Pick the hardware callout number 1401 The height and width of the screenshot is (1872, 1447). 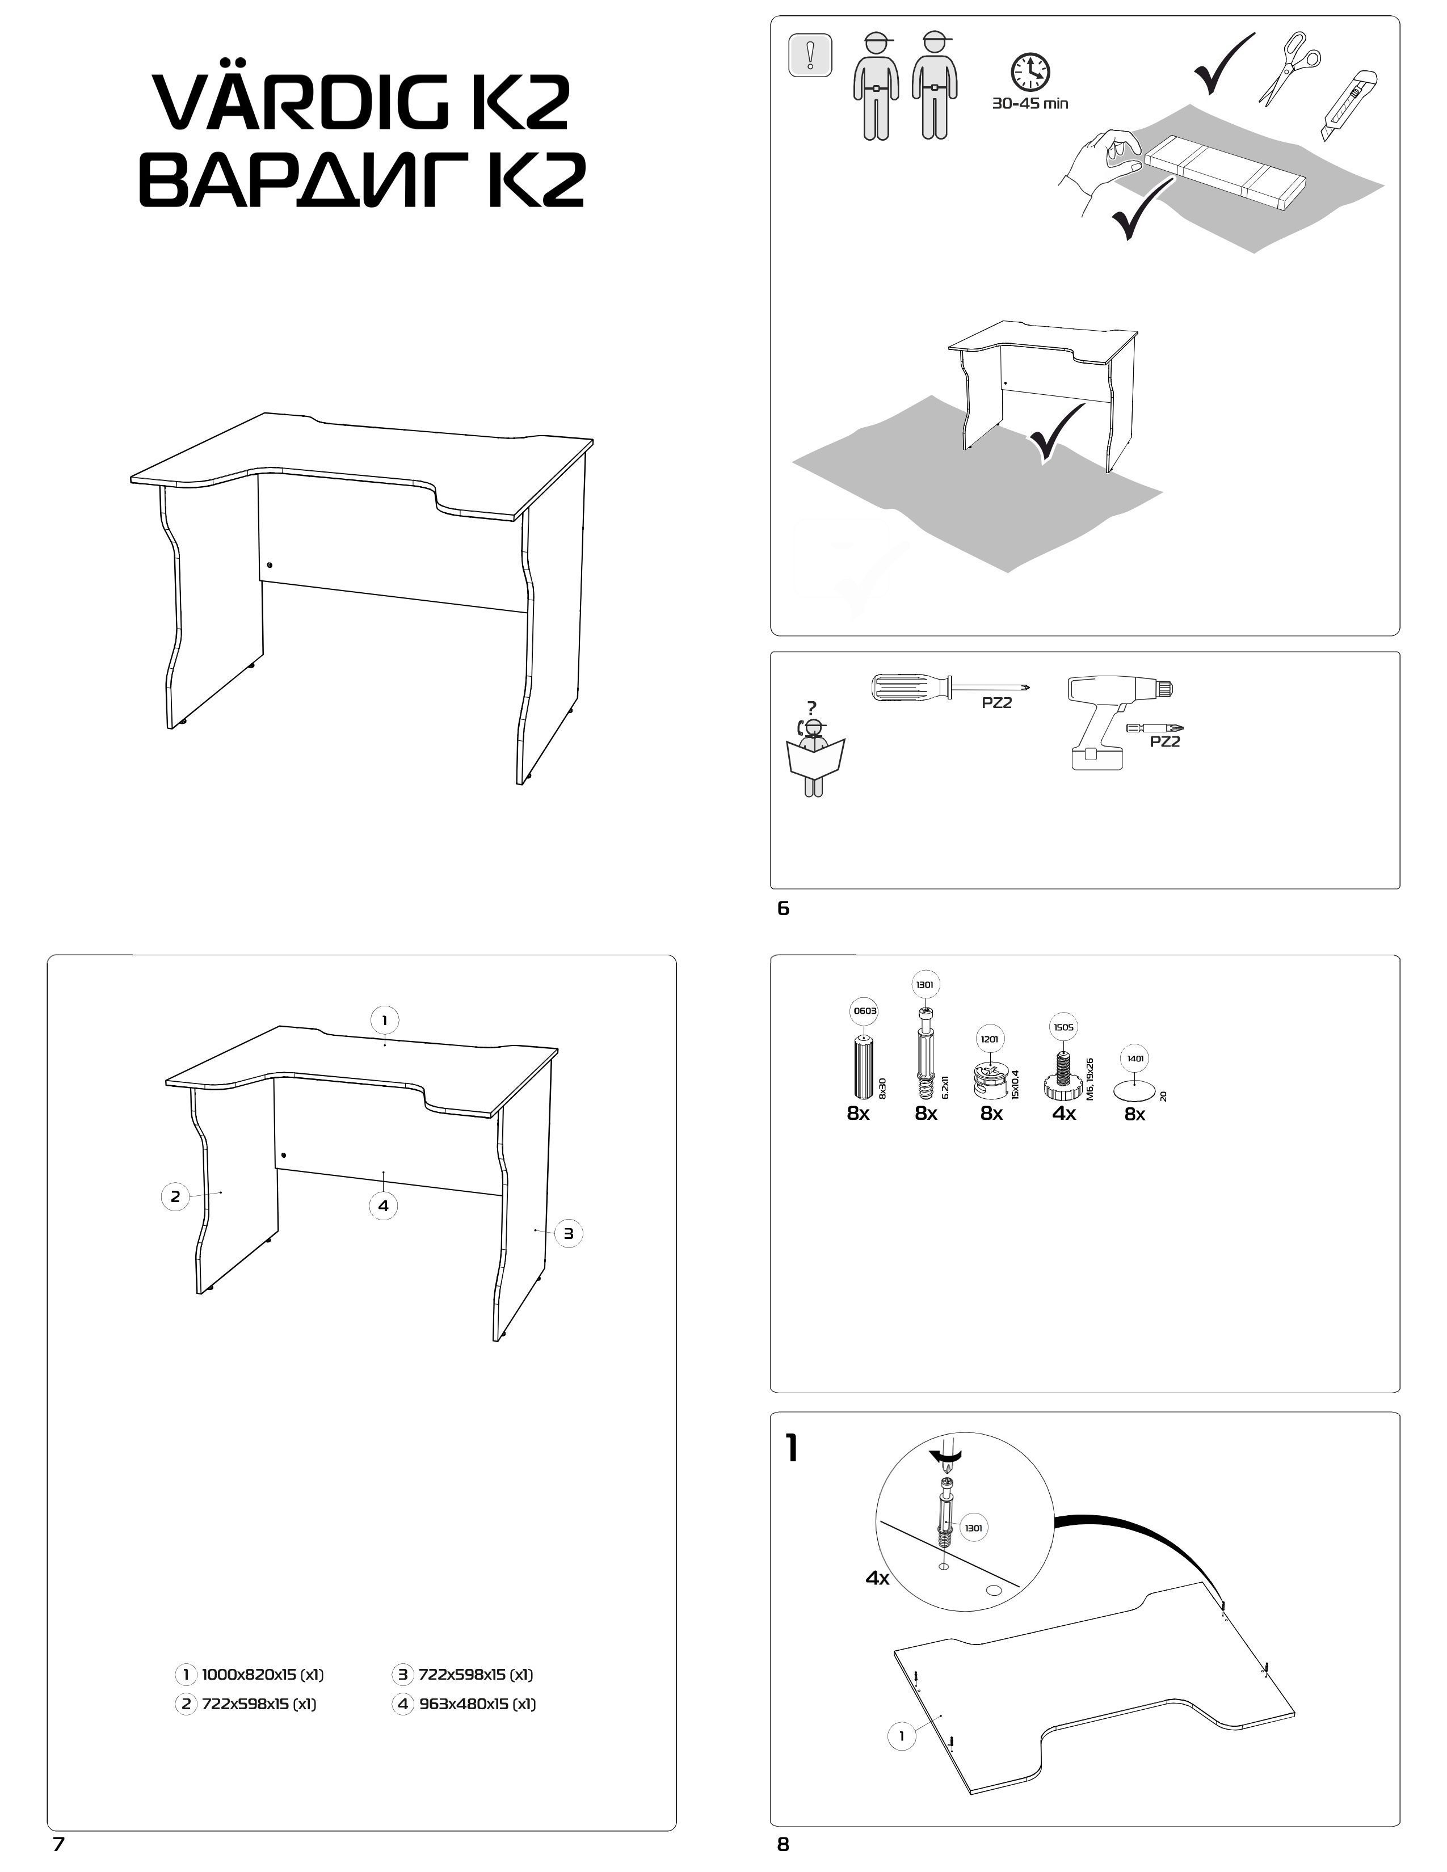point(1135,1059)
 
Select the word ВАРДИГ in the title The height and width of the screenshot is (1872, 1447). point(309,179)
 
